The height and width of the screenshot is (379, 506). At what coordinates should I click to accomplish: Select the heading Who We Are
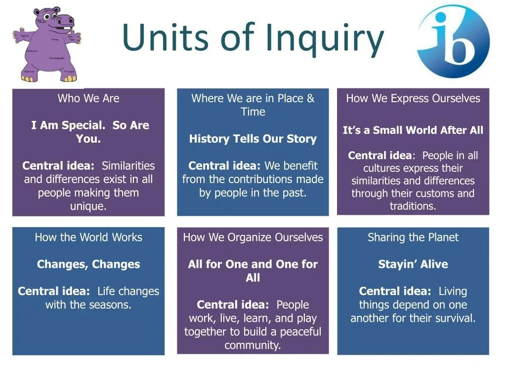tap(88, 98)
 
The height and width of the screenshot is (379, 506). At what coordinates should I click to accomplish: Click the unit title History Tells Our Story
tap(253, 139)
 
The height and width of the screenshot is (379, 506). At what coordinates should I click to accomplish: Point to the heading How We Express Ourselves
tap(413, 98)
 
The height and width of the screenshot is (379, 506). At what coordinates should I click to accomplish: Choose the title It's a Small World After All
tap(413, 130)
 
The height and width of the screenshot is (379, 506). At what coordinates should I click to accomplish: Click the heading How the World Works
tap(88, 237)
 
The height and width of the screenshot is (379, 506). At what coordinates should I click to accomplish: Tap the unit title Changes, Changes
tap(88, 264)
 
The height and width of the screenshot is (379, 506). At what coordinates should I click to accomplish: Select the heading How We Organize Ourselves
tap(253, 237)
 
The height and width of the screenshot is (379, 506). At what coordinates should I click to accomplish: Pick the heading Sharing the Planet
tap(413, 237)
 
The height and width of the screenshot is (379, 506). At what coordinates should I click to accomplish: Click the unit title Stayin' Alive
tap(413, 264)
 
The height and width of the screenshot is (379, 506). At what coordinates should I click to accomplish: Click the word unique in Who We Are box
tap(88, 206)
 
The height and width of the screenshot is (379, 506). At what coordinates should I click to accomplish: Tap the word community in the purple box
tap(253, 345)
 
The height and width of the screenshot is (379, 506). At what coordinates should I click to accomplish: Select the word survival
tap(457, 318)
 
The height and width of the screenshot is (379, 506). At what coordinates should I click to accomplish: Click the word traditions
tap(413, 206)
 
